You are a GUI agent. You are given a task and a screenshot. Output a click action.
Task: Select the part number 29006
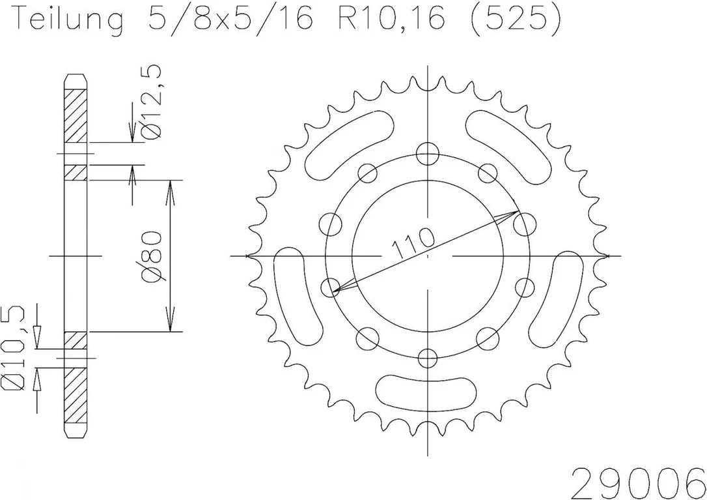tap(637, 482)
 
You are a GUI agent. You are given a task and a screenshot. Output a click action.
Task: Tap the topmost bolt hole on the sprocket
tap(428, 154)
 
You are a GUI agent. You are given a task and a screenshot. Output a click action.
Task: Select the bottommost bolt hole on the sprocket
tap(428, 358)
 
